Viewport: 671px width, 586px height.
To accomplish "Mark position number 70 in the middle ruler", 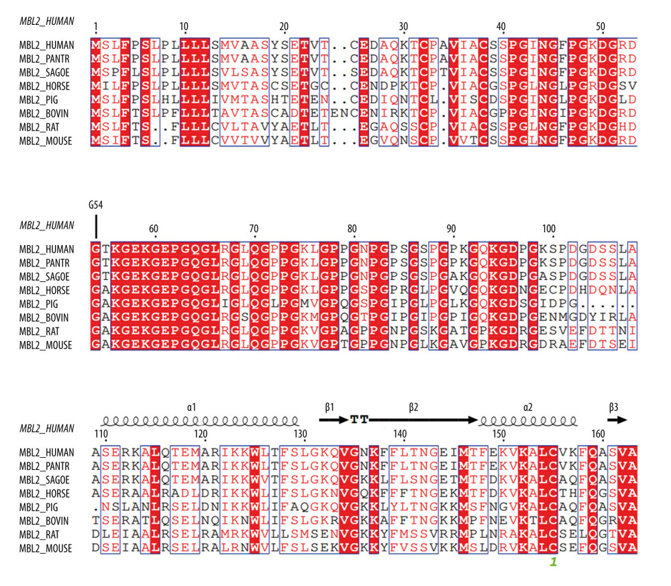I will coord(253,229).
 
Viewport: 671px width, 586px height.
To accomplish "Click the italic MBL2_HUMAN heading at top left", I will coord(47,21).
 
